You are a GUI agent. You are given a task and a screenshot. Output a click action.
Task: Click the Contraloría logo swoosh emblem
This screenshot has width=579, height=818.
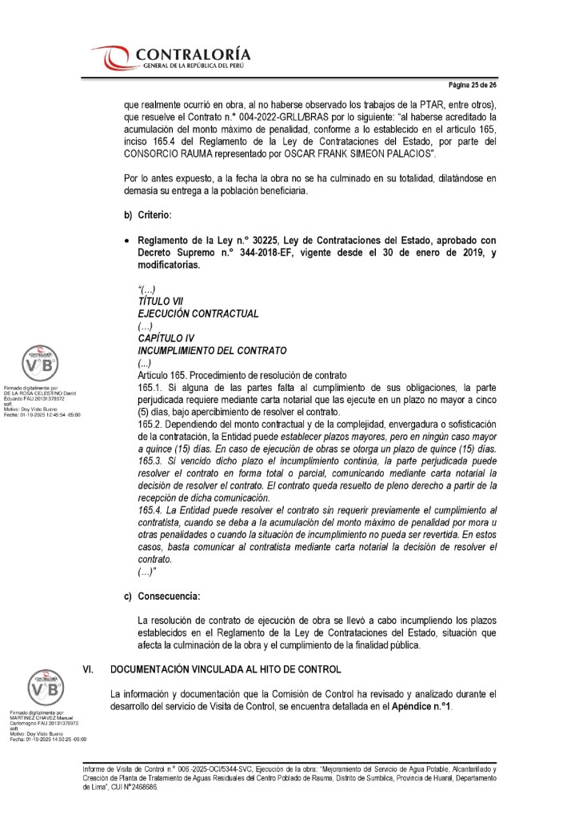click(111, 58)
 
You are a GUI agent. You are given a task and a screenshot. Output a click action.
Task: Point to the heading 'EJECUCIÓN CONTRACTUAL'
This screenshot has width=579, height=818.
click(198, 313)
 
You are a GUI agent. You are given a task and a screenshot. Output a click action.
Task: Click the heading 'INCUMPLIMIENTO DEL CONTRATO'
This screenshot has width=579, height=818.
click(211, 351)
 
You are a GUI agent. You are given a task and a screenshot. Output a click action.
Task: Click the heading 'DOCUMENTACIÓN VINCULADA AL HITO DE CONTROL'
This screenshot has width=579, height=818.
click(225, 668)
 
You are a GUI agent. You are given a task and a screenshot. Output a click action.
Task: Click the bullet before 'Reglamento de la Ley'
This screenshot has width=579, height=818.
click(126, 241)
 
